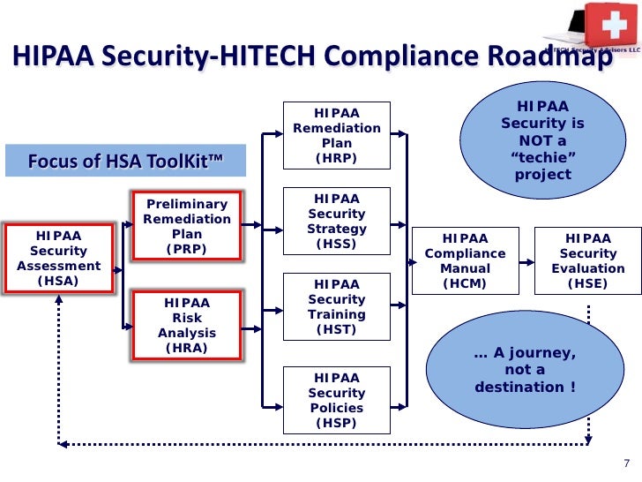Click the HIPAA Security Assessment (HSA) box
59,259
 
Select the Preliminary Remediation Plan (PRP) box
187,226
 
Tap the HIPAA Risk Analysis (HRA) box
187,325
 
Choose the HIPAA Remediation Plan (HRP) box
337,135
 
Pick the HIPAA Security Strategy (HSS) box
337,222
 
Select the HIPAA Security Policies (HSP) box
337,400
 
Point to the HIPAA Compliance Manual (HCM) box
465,261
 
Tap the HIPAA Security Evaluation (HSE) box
588,261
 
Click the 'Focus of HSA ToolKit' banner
125,161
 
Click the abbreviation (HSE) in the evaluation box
588,284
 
